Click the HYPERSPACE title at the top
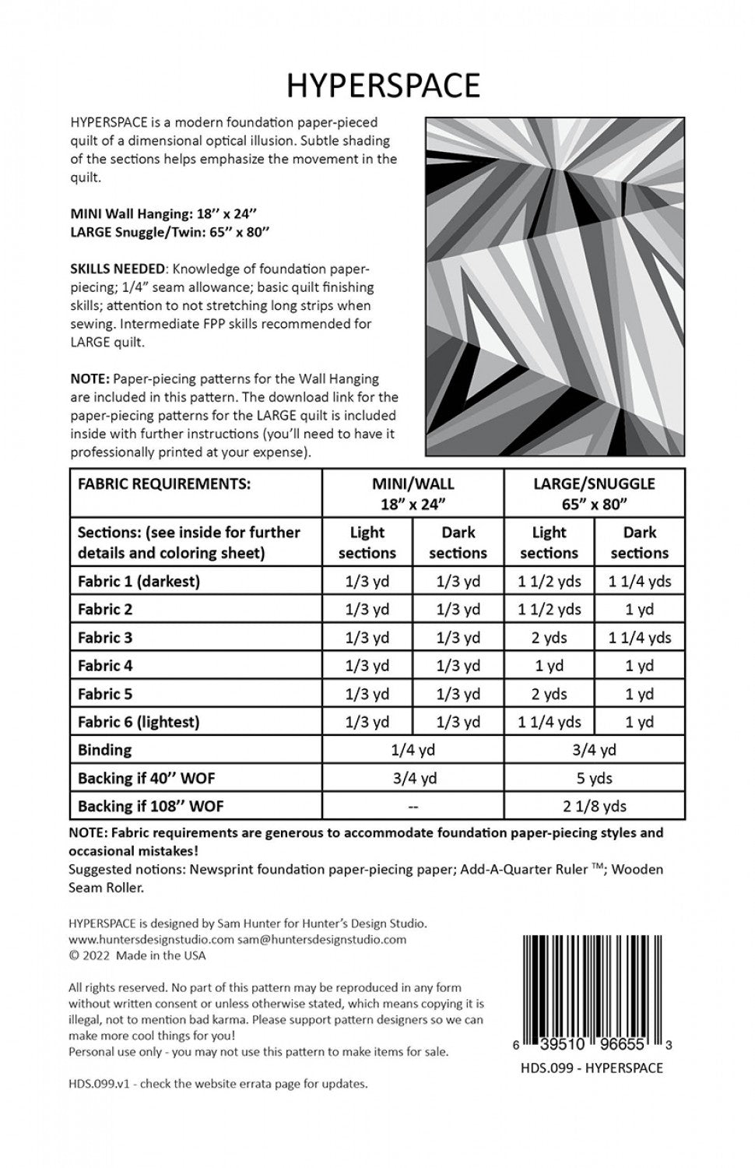(383, 86)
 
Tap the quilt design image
(555, 287)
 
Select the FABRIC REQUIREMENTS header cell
(164, 484)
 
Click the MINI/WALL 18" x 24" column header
(413, 493)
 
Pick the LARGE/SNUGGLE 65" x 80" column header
(594, 493)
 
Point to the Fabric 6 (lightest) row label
(139, 722)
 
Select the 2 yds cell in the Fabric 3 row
(550, 638)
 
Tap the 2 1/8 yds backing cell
(594, 806)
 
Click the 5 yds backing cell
(594, 778)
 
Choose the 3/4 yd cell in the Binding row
(594, 750)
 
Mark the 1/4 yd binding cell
(413, 750)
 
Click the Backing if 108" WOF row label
(151, 806)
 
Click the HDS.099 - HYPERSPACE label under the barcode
(592, 1068)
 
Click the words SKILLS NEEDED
(117, 269)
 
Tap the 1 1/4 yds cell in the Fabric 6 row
(550, 722)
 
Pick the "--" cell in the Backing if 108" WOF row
(413, 806)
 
